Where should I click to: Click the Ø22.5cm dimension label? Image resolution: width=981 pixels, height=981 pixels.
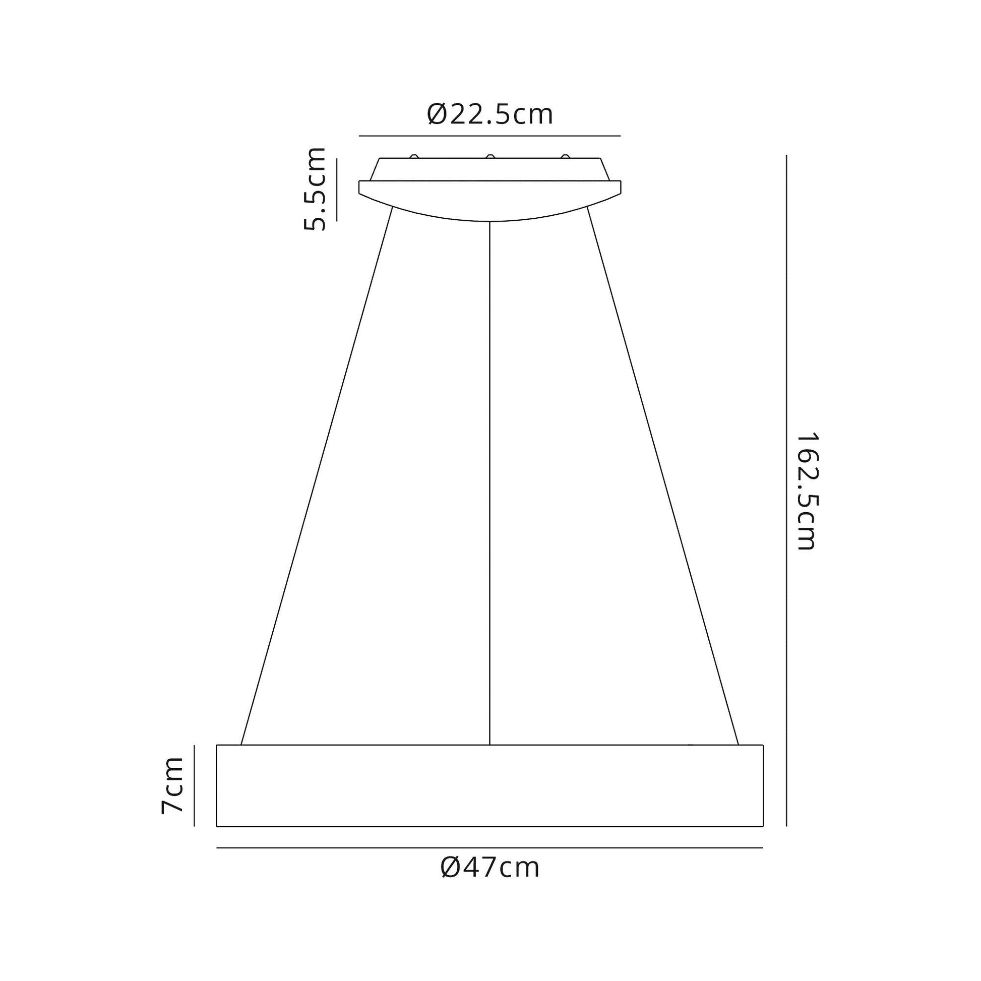click(490, 115)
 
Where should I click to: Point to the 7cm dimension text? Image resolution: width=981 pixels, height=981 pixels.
click(171, 792)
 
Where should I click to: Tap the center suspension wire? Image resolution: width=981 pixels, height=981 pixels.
click(489, 483)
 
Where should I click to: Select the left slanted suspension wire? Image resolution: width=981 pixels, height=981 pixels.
click(317, 476)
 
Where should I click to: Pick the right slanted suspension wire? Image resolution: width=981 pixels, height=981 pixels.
click(662, 476)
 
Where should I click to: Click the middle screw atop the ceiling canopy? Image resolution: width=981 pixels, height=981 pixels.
click(490, 156)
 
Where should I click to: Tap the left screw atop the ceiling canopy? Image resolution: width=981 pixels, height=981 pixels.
click(414, 156)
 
